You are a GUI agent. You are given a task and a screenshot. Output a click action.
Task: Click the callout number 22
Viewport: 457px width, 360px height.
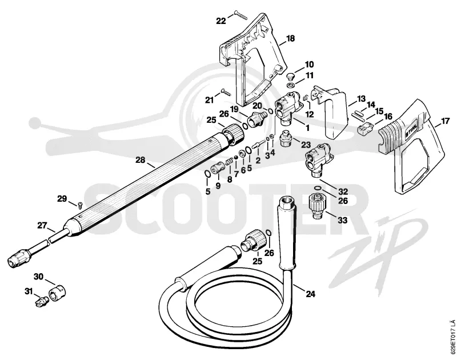[221, 21]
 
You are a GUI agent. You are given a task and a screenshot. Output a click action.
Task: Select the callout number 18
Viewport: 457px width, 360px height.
[290, 38]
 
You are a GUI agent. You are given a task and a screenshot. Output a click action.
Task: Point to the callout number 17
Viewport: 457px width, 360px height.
[445, 121]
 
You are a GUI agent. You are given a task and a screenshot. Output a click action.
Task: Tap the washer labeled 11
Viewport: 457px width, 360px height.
[290, 85]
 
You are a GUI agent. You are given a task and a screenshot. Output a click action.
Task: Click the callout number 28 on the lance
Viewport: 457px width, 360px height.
[141, 160]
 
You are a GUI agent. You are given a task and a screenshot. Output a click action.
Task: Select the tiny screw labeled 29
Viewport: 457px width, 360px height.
[79, 205]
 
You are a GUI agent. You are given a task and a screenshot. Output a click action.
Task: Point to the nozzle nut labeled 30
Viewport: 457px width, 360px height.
[58, 291]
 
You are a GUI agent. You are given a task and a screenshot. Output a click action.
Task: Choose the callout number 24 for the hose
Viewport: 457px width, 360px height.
[311, 294]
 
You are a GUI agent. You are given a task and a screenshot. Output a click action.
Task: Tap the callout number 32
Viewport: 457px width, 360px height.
[343, 191]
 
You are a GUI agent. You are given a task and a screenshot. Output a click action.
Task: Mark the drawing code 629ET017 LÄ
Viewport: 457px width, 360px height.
[451, 337]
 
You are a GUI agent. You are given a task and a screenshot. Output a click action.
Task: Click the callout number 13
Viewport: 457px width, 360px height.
[362, 99]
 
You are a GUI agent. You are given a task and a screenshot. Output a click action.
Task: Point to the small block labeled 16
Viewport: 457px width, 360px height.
[365, 127]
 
